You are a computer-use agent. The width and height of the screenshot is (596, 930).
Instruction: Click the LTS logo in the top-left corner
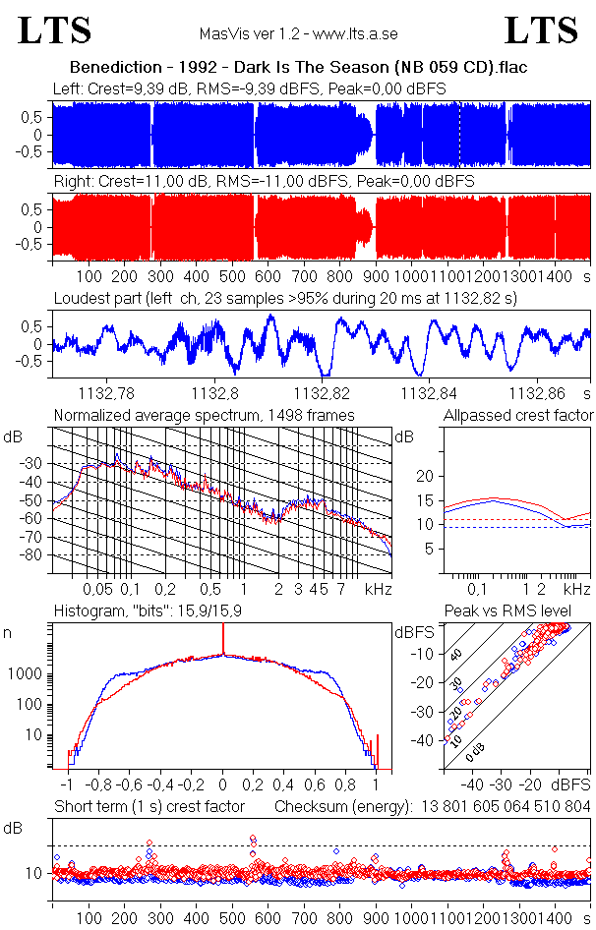pyautogui.click(x=55, y=31)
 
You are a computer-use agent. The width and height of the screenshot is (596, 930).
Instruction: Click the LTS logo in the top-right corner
pyautogui.click(x=541, y=31)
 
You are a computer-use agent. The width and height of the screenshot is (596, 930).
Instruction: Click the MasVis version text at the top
pyautogui.click(x=298, y=34)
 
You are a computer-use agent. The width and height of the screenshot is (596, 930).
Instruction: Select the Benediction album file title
pyautogui.click(x=298, y=69)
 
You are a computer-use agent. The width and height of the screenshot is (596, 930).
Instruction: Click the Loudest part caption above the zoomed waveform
pyautogui.click(x=285, y=297)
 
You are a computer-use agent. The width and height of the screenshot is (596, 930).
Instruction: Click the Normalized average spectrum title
pyautogui.click(x=204, y=415)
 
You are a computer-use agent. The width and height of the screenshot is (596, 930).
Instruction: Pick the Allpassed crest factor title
pyautogui.click(x=518, y=415)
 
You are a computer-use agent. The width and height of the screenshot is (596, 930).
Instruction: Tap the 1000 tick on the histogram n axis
pyautogui.click(x=28, y=675)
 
